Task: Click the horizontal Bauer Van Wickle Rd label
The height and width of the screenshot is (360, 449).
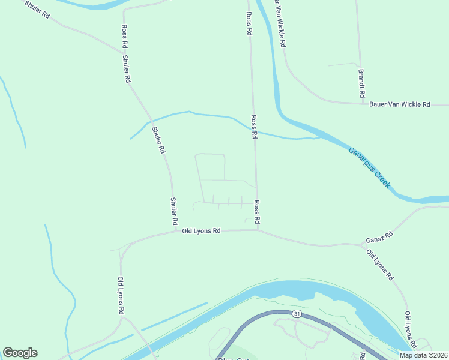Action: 400,104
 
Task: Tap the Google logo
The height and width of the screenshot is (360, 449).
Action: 20,353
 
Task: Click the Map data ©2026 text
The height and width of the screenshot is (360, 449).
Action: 423,355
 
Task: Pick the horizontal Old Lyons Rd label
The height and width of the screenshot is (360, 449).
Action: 202,230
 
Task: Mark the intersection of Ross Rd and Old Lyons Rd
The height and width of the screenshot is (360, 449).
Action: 258,229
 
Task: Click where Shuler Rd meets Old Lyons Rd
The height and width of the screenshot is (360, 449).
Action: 176,230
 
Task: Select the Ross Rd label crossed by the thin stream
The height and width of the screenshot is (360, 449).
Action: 254,127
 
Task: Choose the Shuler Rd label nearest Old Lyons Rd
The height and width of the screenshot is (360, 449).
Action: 173,211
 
